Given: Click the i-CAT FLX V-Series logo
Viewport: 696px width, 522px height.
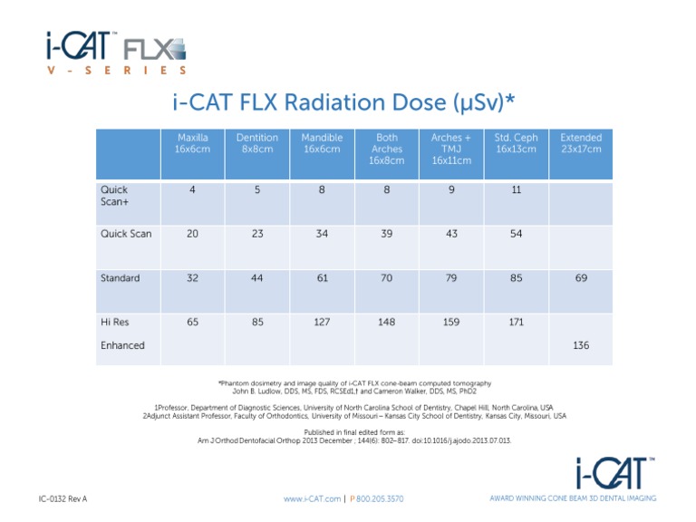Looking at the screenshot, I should (x=117, y=53).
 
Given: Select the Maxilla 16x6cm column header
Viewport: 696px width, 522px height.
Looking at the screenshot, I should (x=192, y=143).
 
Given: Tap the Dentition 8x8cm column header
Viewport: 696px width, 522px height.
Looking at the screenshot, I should (x=256, y=143).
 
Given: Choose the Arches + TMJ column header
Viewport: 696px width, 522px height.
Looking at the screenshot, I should (x=451, y=150).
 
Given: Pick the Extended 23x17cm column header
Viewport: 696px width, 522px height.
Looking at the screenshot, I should (x=581, y=143).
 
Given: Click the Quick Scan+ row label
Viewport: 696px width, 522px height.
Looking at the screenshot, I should (x=115, y=197).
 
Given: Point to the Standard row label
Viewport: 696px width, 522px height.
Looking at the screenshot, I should (x=120, y=278).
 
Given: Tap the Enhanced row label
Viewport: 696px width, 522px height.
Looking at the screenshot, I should (x=122, y=345).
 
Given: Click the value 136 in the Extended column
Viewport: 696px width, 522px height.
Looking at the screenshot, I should (x=581, y=345).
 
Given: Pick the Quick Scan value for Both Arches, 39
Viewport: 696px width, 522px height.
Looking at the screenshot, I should (x=387, y=234).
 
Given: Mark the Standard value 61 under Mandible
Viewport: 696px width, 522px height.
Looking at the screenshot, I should (x=322, y=278).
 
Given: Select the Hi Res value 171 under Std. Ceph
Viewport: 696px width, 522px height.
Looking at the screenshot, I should (x=516, y=321).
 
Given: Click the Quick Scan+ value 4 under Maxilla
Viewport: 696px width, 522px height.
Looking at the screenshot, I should (x=192, y=190).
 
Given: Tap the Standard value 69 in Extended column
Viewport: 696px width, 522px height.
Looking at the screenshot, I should (x=581, y=278).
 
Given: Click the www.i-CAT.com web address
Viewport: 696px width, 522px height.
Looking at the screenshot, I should (x=312, y=498).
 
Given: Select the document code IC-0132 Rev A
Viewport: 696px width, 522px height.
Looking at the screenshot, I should (x=63, y=498).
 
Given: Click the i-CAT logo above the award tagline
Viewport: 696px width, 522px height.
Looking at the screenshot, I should (x=616, y=472).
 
